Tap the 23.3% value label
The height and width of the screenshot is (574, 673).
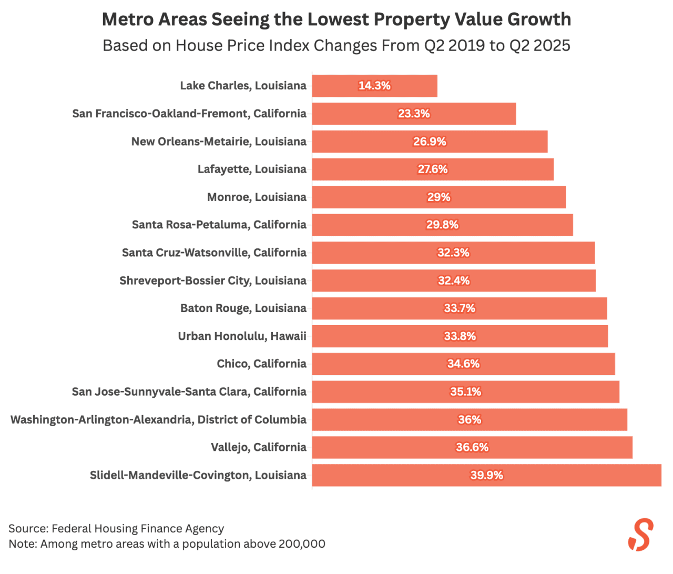pos(414,114)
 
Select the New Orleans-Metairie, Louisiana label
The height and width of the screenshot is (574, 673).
pos(219,142)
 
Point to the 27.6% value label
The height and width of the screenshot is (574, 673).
pos(433,169)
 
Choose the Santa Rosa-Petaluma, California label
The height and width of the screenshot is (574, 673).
pos(219,225)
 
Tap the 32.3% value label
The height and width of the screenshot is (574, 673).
pos(453,253)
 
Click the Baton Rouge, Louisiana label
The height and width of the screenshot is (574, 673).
pos(243,308)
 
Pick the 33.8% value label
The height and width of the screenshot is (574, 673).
pos(460,336)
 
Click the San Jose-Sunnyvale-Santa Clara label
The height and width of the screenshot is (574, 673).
pos(189,392)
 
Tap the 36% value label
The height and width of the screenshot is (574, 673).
pos(470,420)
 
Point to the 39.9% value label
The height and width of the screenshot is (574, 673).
pos(486,475)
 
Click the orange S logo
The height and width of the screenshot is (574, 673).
pos(641,535)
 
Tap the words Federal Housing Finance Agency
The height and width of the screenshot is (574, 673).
pos(138,529)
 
